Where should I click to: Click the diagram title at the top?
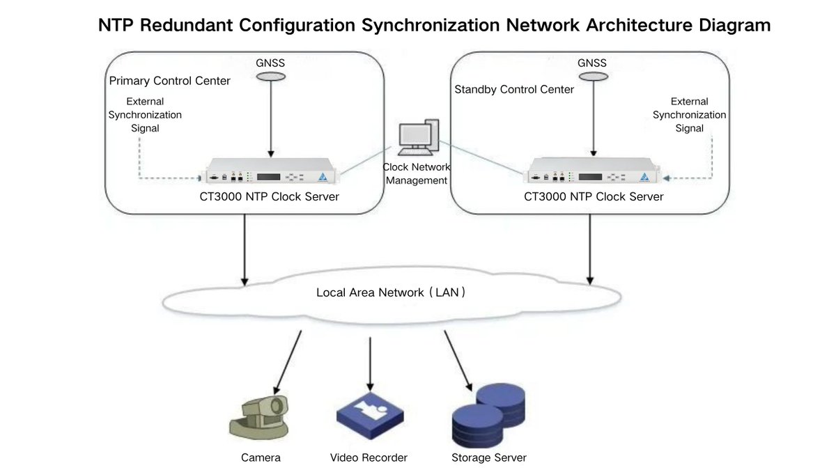point(434,25)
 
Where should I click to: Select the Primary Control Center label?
point(170,81)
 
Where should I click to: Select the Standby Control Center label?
point(514,89)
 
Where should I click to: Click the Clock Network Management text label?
point(417,174)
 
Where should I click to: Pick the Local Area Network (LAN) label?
point(391,292)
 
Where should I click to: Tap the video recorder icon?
point(369,415)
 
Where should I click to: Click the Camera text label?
point(261,457)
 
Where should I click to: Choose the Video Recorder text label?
point(369,457)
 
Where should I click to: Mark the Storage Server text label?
point(489,457)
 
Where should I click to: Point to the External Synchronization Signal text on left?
point(145,115)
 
